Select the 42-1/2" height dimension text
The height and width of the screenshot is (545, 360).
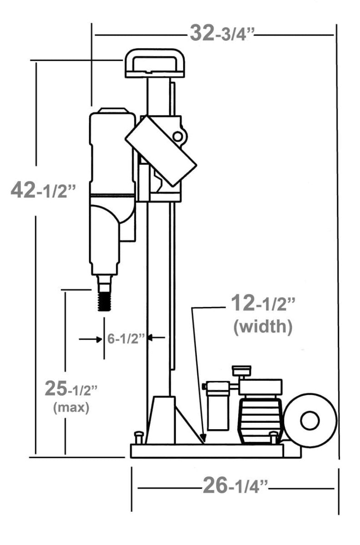point(43,191)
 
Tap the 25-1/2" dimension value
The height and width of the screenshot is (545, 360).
point(71,388)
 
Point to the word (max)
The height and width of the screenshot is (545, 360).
point(71,407)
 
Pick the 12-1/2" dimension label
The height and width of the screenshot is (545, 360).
point(263,303)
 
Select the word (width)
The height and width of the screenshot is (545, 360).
point(263,327)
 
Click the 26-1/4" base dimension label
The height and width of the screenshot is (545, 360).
point(235,487)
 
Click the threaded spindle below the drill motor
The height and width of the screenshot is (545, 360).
point(105,300)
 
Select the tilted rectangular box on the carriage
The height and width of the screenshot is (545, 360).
point(161,150)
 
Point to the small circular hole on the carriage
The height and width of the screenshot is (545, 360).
point(178,136)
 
